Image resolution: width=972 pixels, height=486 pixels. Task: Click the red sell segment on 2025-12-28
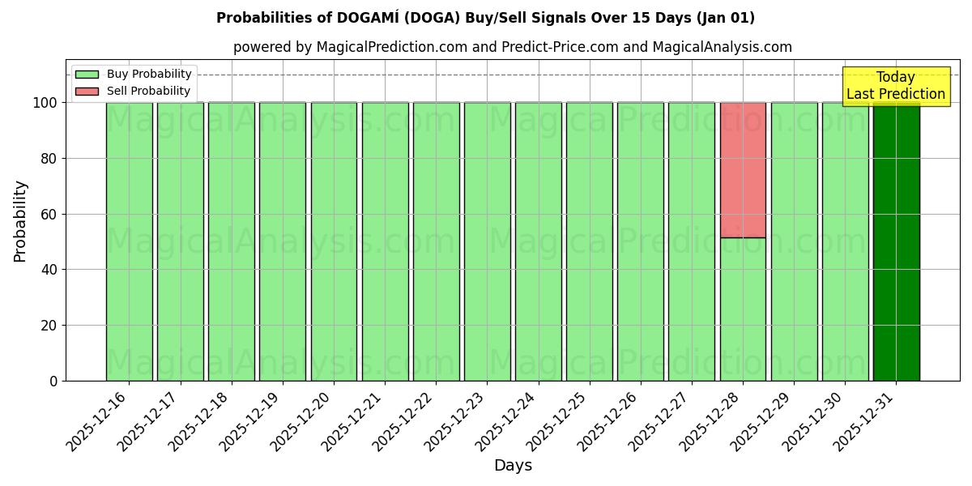(743, 170)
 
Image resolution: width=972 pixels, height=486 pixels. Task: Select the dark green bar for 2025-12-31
(896, 243)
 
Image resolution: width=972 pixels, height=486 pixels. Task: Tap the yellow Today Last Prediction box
(896, 86)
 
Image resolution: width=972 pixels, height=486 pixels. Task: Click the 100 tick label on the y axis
(44, 103)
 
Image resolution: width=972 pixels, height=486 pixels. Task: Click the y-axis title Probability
(20, 220)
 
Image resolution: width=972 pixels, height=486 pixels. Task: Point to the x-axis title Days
(513, 466)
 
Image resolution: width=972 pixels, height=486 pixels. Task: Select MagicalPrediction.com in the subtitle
(392, 47)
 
